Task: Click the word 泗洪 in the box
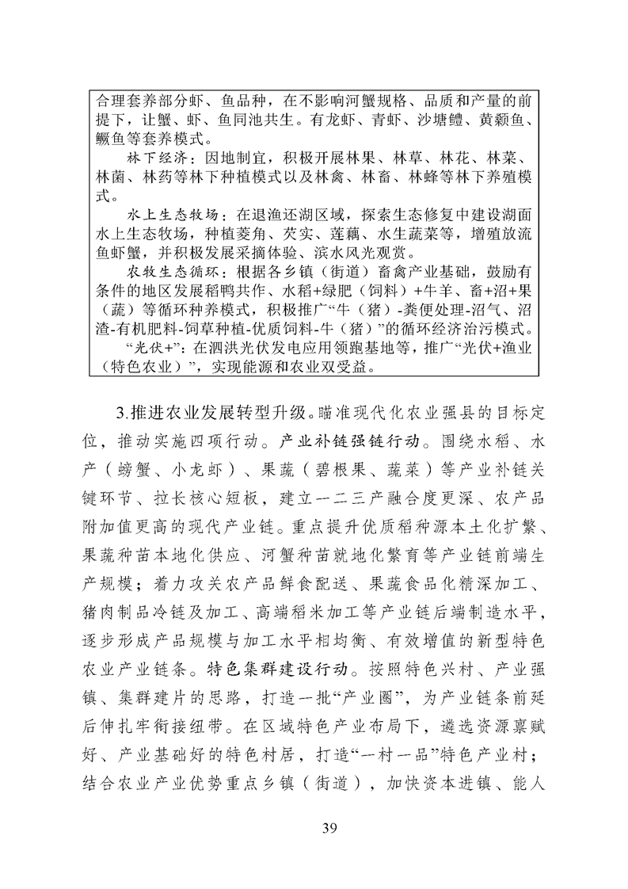tap(215, 347)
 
